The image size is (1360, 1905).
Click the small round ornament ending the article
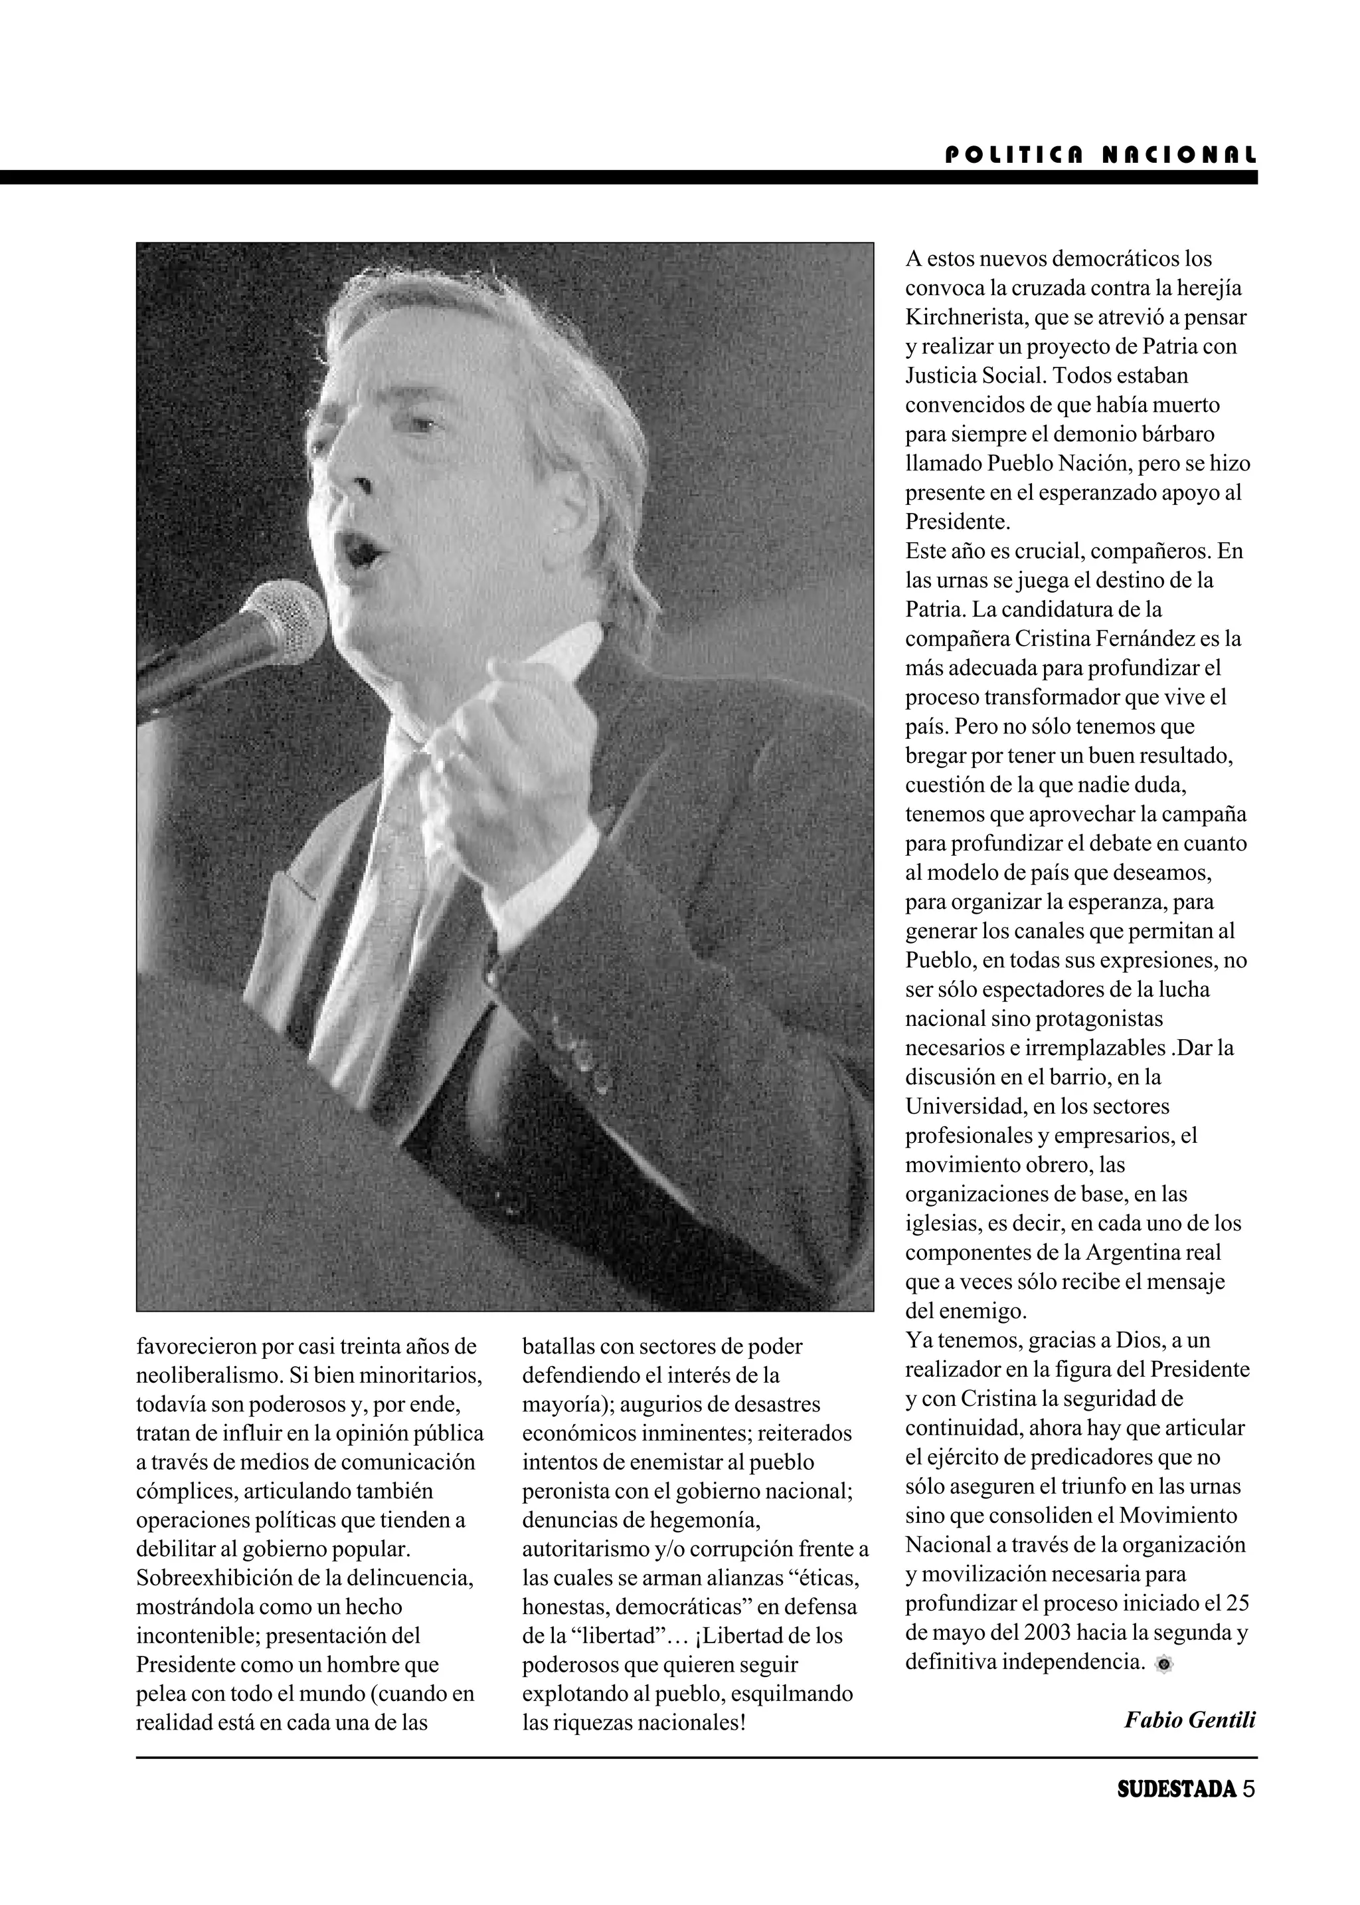[x=1163, y=1664]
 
